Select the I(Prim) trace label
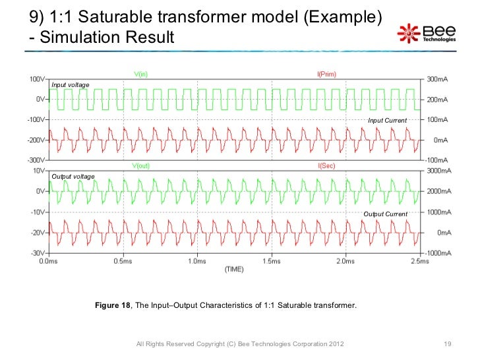[x=326, y=75]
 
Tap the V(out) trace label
[x=140, y=165]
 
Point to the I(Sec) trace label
[x=326, y=165]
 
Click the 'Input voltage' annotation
[x=71, y=85]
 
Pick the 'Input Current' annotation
[x=387, y=121]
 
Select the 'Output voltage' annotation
[x=73, y=177]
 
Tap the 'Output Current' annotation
[x=386, y=214]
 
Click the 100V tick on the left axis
[x=36, y=79]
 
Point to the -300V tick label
[x=34, y=160]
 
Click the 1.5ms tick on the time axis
[x=272, y=262]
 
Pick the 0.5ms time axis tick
[x=123, y=262]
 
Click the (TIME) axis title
[x=235, y=270]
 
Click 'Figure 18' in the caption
[x=113, y=306]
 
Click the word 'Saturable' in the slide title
[x=115, y=16]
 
